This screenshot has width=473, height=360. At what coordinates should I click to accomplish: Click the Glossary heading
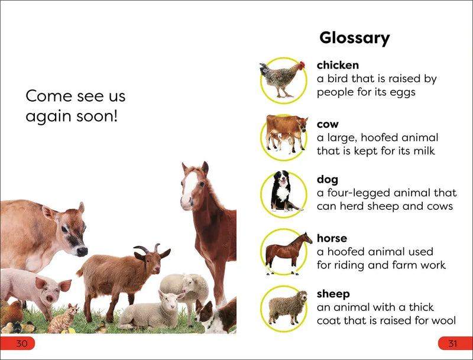(354, 38)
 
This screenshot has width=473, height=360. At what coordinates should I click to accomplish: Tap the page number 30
(22, 344)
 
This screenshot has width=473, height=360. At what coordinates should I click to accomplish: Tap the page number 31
(453, 344)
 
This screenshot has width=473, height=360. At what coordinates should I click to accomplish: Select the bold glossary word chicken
(338, 65)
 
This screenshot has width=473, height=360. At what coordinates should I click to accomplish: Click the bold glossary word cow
(328, 124)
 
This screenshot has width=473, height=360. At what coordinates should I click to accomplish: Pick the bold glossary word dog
(328, 180)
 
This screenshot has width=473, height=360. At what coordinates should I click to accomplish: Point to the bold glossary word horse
(332, 238)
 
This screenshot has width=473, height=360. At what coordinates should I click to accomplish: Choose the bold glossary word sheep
(333, 294)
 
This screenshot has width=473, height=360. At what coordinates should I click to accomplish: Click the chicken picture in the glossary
(283, 79)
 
